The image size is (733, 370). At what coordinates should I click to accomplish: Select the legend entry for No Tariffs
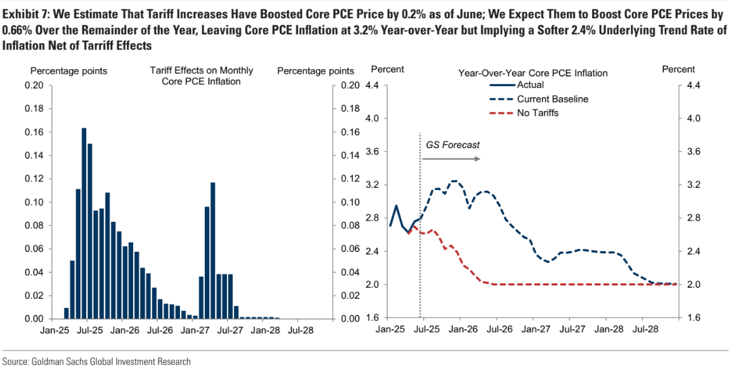(x=537, y=113)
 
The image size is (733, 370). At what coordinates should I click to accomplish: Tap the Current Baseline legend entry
(x=552, y=99)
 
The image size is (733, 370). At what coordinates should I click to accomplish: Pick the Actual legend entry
(x=530, y=85)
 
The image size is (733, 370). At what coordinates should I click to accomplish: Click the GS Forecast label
(x=452, y=144)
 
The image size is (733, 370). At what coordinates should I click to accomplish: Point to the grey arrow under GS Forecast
(x=453, y=159)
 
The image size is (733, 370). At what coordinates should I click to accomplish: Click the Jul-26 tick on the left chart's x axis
(x=160, y=330)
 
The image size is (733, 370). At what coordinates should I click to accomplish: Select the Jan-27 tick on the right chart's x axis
(x=535, y=330)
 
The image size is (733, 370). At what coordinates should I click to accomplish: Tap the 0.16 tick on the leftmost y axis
(x=35, y=132)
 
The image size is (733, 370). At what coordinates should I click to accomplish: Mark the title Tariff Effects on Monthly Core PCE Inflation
(x=202, y=76)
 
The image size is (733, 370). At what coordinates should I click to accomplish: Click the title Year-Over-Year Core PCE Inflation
(x=533, y=73)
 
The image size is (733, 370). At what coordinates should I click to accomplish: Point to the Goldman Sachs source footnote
(x=97, y=362)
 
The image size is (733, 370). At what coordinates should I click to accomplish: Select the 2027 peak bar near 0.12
(x=213, y=251)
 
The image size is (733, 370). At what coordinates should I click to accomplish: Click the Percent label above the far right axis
(x=678, y=69)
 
